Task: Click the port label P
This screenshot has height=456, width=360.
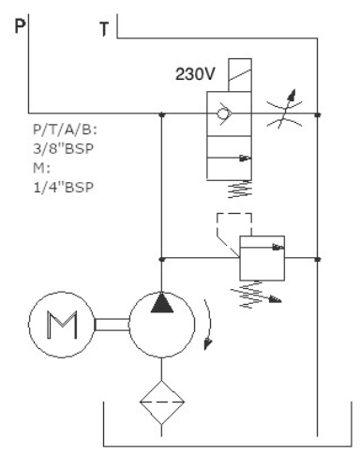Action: (x=20, y=26)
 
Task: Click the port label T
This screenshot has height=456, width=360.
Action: (x=104, y=29)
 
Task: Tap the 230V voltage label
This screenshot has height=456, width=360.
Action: (x=195, y=74)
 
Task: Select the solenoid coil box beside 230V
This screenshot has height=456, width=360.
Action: (x=240, y=75)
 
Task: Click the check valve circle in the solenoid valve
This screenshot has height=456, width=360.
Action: (x=223, y=114)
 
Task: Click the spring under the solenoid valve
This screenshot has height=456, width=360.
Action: (x=240, y=190)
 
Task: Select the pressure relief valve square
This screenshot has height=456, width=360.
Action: (x=262, y=258)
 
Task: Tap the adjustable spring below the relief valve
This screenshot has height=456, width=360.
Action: (x=256, y=295)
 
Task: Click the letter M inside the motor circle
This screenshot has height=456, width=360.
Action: (x=62, y=325)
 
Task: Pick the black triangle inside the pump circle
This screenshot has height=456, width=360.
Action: (x=162, y=302)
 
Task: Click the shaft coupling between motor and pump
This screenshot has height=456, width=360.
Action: (x=112, y=325)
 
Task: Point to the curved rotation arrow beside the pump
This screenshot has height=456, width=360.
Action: (x=210, y=324)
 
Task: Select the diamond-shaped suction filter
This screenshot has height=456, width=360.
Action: (x=161, y=403)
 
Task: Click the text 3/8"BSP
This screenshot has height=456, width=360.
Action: (x=63, y=148)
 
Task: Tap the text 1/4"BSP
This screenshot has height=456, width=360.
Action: (x=64, y=188)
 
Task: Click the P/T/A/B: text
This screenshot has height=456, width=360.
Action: (x=65, y=129)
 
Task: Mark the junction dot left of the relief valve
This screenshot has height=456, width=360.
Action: (x=161, y=259)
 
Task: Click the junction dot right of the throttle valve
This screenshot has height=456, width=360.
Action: (x=318, y=114)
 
